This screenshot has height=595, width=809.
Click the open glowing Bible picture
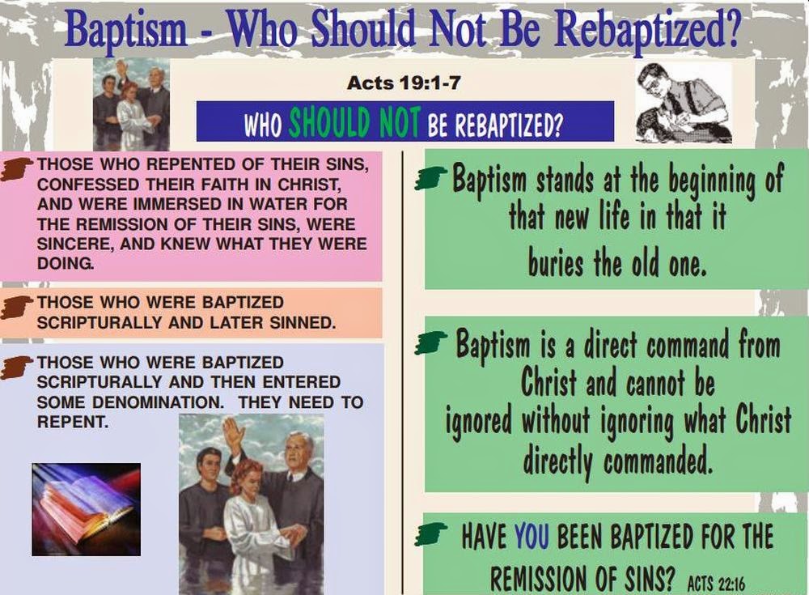[86, 508]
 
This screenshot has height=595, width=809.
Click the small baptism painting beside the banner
[131, 104]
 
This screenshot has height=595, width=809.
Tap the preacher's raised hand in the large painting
[233, 436]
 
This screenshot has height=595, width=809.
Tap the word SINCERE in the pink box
[70, 244]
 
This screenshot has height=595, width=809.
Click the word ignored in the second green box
[479, 423]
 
